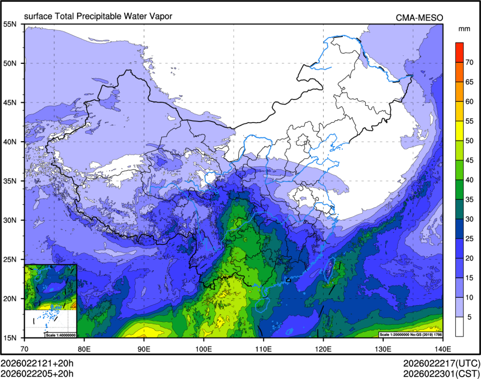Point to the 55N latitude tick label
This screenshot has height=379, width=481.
[x=10, y=24]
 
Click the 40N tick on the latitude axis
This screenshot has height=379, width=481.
[x=10, y=142]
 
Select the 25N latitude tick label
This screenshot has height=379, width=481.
[x=10, y=259]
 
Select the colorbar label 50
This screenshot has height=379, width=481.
[x=470, y=141]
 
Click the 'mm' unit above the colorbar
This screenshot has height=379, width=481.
[x=464, y=28]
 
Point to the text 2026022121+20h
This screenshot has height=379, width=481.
[x=37, y=363]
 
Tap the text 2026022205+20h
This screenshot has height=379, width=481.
[x=37, y=373]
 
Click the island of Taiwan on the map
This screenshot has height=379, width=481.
[x=330, y=270]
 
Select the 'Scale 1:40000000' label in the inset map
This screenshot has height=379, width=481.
[x=59, y=334]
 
